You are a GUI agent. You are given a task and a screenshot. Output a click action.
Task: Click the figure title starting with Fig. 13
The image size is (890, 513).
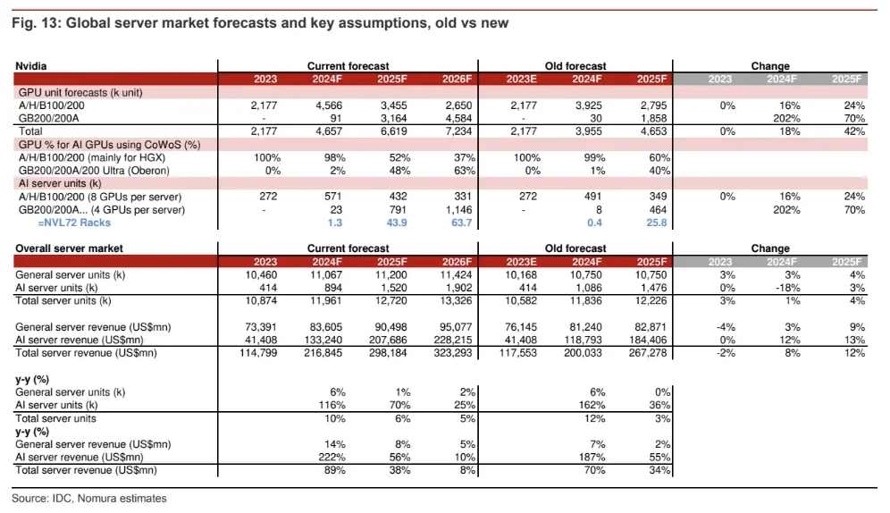[259, 23]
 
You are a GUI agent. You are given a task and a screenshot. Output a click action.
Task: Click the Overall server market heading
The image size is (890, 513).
[70, 248]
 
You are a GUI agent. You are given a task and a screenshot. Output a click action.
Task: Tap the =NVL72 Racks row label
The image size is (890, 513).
[66, 223]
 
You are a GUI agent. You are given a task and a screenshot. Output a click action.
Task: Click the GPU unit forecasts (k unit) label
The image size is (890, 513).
[80, 92]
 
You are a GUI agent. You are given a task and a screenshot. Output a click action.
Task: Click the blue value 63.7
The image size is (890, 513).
[461, 223]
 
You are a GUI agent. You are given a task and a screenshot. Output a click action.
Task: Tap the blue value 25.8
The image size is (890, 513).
[655, 223]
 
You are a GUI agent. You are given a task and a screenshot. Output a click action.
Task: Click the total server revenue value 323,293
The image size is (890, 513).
[451, 354]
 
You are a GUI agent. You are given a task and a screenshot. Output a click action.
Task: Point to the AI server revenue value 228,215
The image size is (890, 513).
[451, 341]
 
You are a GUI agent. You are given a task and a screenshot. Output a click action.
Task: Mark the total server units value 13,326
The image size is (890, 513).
[454, 301]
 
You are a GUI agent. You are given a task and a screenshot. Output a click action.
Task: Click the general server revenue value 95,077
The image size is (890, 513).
[454, 328]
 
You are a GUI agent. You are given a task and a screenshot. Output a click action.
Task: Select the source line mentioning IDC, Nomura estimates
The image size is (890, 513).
[89, 499]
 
